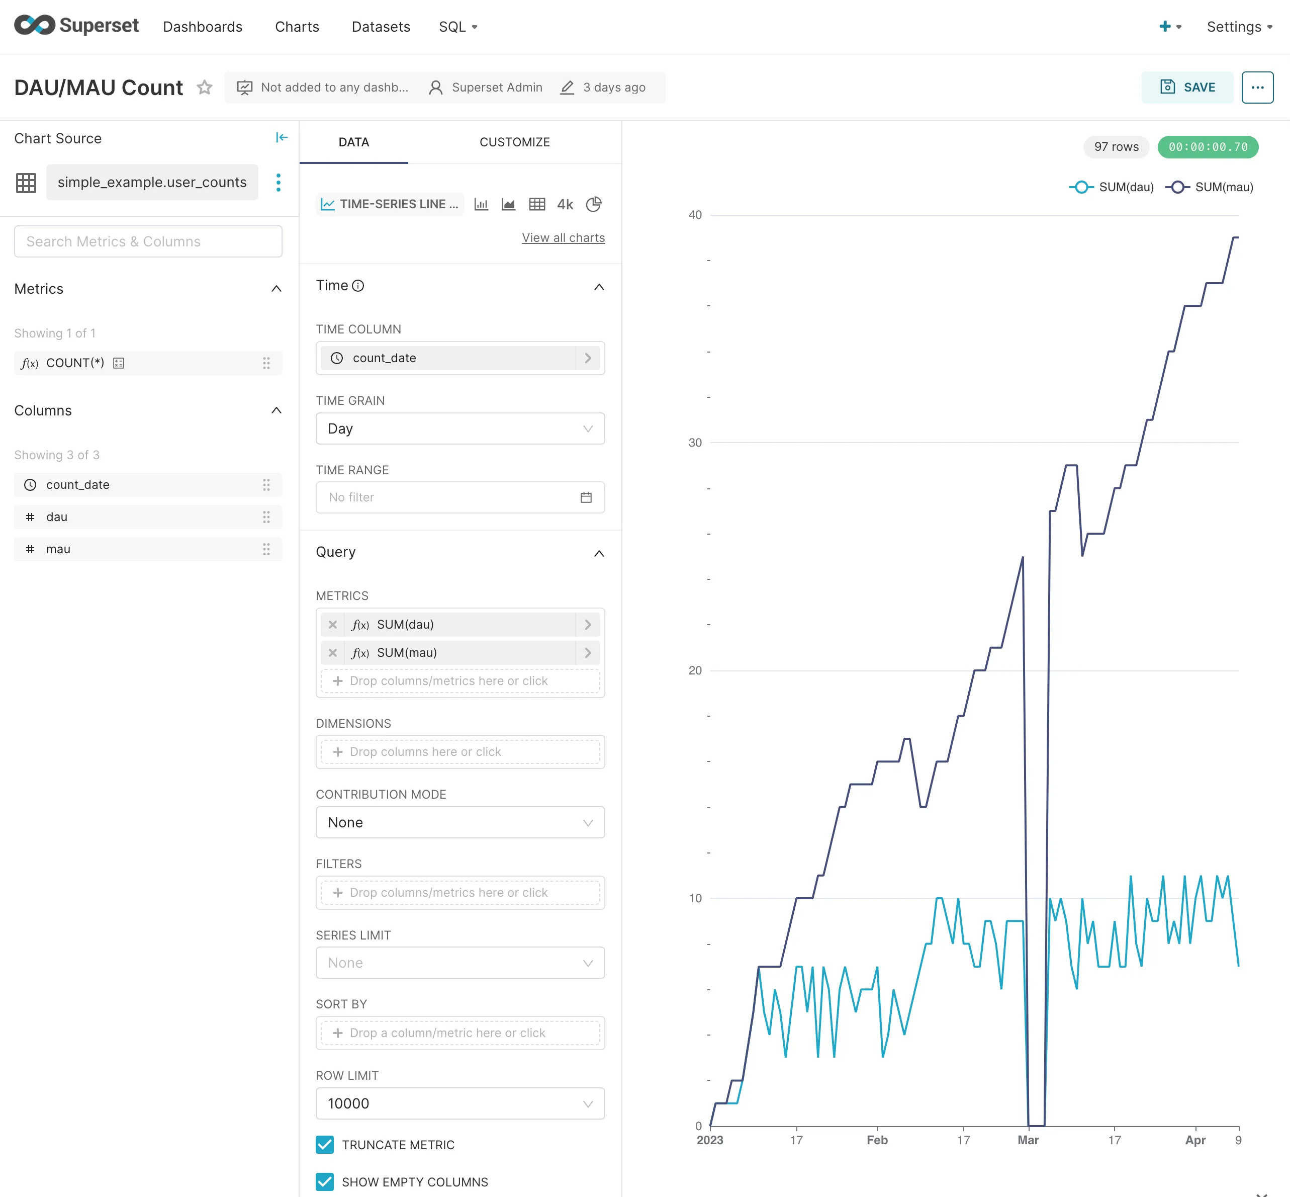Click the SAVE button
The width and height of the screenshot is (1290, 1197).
click(x=1187, y=88)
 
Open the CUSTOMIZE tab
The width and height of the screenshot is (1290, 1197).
click(x=514, y=142)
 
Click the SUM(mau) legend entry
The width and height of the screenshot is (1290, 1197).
click(x=1210, y=187)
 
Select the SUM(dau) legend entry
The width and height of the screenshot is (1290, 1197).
click(x=1112, y=187)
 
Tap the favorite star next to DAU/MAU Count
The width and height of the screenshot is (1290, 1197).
click(x=205, y=88)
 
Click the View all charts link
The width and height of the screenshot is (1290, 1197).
click(x=563, y=238)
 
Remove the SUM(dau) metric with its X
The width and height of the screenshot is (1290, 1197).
click(x=332, y=625)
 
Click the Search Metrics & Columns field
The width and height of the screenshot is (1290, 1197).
click(x=148, y=241)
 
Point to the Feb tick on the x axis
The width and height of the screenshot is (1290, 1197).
click(x=877, y=1140)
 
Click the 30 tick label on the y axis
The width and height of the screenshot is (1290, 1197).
click(x=695, y=443)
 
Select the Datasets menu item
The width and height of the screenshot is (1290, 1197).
click(x=381, y=27)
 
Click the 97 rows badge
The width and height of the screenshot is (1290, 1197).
click(x=1116, y=147)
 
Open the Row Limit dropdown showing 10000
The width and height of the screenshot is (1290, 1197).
click(x=460, y=1103)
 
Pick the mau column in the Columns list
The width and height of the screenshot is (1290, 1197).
click(x=58, y=549)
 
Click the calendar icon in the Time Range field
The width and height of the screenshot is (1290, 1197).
click(x=586, y=497)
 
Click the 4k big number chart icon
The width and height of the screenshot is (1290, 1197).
click(x=565, y=204)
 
